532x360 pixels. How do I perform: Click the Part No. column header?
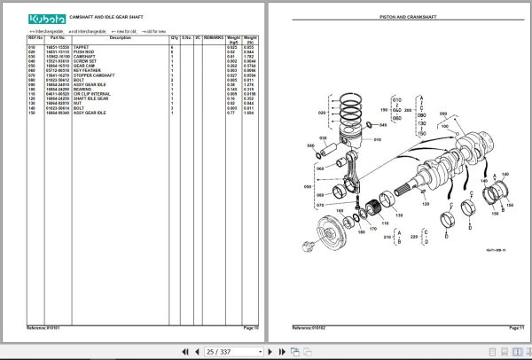coord(59,39)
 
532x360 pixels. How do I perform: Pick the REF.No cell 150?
coord(33,114)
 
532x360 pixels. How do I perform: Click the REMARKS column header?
coord(214,39)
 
